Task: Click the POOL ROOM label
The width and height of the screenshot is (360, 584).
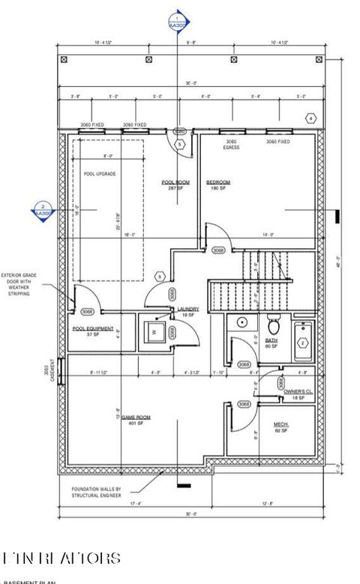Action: [x=174, y=182]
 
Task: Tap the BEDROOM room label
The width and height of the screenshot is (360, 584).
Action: [x=217, y=182]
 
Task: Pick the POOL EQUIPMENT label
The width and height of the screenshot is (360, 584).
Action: [x=93, y=328]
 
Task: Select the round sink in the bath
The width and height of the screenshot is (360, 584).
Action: [x=241, y=322]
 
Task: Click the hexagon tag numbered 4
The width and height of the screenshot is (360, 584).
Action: [x=310, y=118]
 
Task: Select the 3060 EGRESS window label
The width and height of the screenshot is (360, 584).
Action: [x=232, y=144]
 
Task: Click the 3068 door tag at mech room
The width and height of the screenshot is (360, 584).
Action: [x=244, y=404]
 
